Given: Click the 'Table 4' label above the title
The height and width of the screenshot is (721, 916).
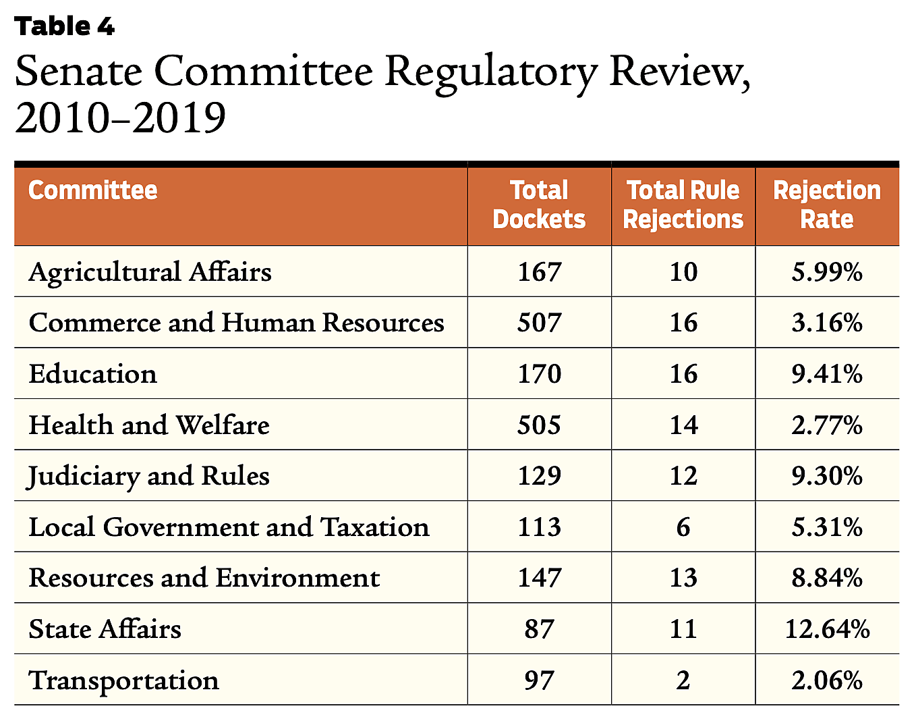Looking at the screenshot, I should coord(65,26).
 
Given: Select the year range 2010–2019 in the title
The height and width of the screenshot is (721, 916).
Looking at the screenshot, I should coord(120,118).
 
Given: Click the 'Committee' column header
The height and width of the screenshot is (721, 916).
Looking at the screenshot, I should coord(93,190).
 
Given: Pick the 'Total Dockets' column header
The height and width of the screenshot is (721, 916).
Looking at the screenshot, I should coord(539,205).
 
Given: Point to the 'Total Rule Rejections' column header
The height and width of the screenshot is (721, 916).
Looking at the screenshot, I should coord(683,205).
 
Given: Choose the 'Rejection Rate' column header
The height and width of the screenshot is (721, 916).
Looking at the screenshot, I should coord(827,205).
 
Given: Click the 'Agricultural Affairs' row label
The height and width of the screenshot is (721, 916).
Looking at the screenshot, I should coord(150,271).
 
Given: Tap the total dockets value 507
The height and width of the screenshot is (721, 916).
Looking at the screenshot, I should coord(539,323).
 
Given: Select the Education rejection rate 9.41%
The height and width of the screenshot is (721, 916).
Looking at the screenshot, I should coord(827,373).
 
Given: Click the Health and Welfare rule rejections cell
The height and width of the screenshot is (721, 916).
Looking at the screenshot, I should coord(683,425).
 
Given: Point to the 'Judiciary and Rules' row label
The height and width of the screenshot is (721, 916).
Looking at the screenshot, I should coord(148,476).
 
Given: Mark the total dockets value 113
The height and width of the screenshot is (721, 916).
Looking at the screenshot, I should coord(539,527).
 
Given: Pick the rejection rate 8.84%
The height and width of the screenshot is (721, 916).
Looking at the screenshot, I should coord(827,578).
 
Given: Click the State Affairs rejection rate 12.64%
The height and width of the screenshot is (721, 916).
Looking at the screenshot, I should coord(827,629).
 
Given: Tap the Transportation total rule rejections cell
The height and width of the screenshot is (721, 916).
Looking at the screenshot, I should coord(683,680).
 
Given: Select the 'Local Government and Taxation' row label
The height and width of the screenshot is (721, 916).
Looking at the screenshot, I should coord(229,527).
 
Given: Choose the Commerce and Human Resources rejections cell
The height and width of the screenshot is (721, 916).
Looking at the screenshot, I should coord(683,323).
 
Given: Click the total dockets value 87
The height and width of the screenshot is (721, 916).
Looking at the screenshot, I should coord(539,629).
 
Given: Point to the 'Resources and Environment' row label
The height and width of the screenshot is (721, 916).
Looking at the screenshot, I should coord(204,578).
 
